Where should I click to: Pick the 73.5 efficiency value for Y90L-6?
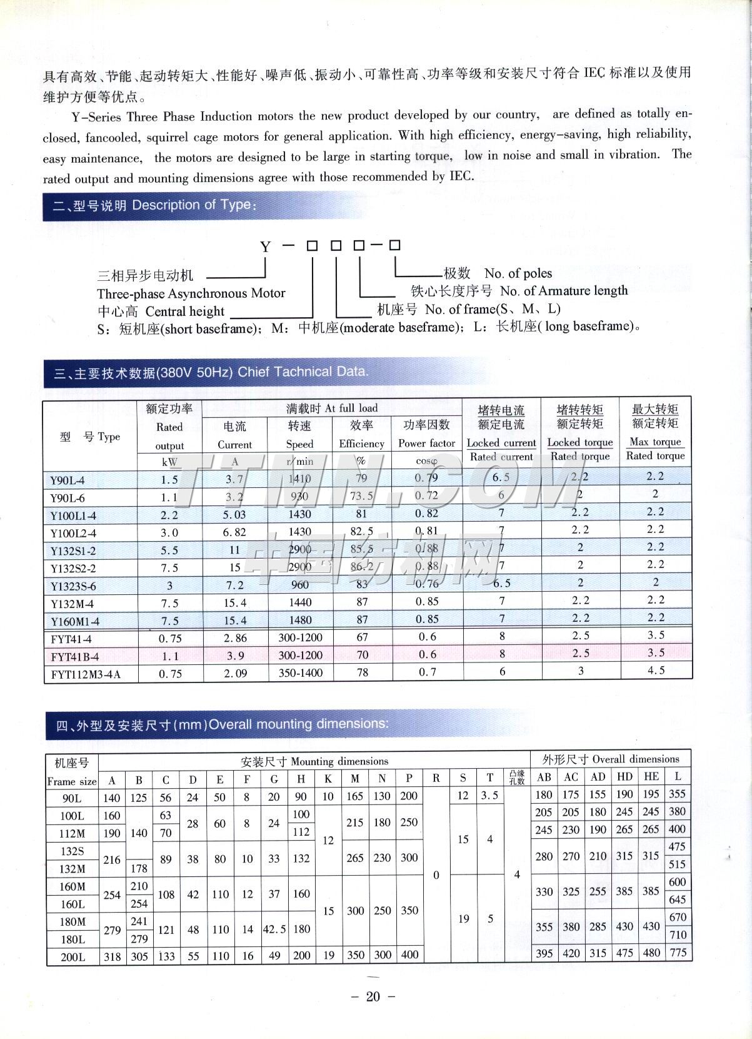(x=361, y=496)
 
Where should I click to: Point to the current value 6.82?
(x=234, y=532)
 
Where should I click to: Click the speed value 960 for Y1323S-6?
(x=299, y=585)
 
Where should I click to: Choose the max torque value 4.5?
(x=655, y=670)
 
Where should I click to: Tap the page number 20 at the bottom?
(x=373, y=996)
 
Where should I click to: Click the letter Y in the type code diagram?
(x=266, y=247)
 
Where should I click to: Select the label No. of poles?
(x=518, y=273)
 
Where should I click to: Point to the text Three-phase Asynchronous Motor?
(x=191, y=293)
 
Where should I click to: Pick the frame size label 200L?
(x=72, y=956)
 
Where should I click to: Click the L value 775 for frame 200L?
(x=678, y=953)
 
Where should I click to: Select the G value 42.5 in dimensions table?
(x=274, y=930)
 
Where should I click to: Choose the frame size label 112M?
(x=72, y=834)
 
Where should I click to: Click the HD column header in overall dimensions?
(x=624, y=777)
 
